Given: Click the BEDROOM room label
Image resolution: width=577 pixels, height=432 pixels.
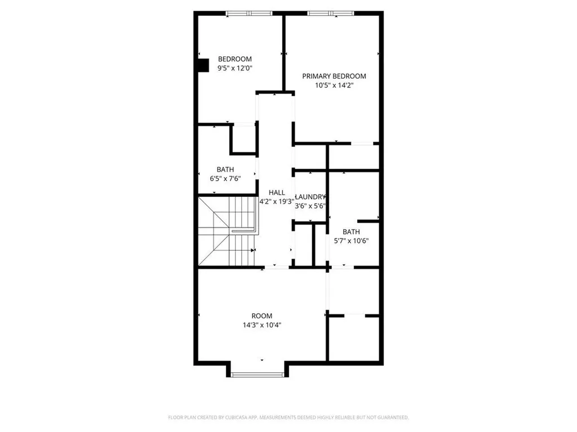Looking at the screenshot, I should click(234, 59).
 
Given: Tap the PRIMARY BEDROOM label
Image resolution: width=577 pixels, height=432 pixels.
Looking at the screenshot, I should click(334, 76).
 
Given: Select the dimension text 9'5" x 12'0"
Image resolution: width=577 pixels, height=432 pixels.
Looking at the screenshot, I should click(234, 69).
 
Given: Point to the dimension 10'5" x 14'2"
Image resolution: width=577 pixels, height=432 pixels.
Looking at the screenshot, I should click(334, 86).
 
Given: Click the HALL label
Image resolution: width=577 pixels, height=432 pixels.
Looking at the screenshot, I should click(277, 192).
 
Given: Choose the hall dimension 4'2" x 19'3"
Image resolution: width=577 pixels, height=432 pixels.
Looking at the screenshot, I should click(277, 201).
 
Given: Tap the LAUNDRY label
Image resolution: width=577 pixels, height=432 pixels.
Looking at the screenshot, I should click(310, 197).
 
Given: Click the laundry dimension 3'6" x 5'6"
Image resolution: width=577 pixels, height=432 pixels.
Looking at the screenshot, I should click(310, 206).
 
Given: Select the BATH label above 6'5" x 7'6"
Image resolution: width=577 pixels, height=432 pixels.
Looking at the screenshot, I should click(225, 169).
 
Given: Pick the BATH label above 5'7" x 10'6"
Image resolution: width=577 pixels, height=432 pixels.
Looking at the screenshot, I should click(352, 232).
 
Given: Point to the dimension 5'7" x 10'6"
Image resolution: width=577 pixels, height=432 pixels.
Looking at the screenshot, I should click(352, 241).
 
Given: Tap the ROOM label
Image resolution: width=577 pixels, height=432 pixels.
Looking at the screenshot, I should click(261, 316).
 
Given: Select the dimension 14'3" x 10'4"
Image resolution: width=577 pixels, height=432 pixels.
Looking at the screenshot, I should click(261, 325).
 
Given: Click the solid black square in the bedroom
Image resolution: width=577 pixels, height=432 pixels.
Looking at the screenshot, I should click(203, 65).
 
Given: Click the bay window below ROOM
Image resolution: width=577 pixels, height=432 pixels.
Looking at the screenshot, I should click(259, 375).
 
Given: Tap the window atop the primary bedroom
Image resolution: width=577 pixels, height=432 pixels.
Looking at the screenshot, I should click(330, 13).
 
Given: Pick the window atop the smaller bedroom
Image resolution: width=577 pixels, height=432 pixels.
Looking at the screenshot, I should click(246, 13).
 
